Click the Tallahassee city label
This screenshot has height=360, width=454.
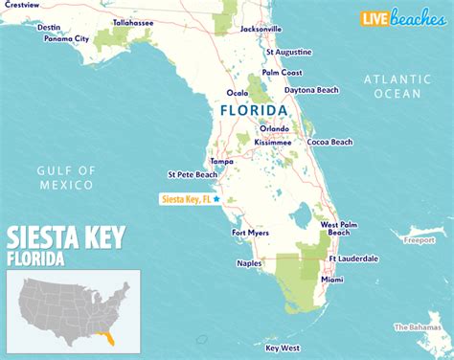(135, 21)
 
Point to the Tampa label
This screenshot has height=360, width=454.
(221, 161)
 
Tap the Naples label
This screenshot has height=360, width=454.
(250, 261)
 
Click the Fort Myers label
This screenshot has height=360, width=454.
(251, 232)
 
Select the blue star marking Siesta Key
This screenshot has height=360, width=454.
(217, 199)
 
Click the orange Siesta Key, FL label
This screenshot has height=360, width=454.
(185, 199)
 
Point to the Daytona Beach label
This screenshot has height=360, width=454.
(311, 90)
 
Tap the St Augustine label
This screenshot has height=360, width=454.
(288, 51)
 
